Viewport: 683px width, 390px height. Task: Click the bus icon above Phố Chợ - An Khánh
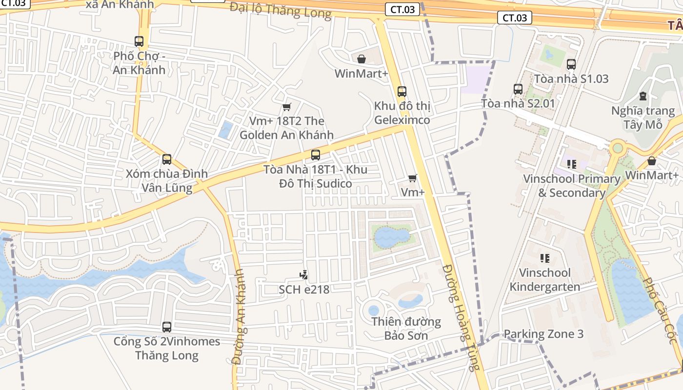[x=139, y=41]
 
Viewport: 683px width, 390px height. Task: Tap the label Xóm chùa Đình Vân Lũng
[x=167, y=180]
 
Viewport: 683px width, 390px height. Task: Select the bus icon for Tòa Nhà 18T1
[x=316, y=155]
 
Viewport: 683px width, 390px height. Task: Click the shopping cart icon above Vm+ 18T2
[x=287, y=107]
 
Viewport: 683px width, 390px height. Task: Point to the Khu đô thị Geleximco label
[x=402, y=113]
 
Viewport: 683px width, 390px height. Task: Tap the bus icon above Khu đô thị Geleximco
[x=402, y=91]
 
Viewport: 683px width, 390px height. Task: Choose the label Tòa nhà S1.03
[x=571, y=78]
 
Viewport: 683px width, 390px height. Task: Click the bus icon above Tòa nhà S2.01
[x=518, y=89]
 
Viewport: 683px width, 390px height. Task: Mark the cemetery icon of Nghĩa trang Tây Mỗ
[x=643, y=96]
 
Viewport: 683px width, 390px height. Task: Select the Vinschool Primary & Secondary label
[x=571, y=186]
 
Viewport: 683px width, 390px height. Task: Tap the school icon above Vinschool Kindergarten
[x=545, y=258]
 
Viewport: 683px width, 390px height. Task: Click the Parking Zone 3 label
[x=543, y=334]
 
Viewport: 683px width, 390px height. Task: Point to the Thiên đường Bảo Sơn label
[x=406, y=328]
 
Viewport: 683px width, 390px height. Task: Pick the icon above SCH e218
[x=304, y=275]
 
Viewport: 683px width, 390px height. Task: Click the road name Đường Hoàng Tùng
[x=460, y=317]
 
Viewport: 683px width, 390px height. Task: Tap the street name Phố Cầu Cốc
[x=662, y=312]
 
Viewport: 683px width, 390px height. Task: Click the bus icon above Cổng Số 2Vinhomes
[x=167, y=327]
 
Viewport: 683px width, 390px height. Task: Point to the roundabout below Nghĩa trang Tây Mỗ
[x=618, y=147]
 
